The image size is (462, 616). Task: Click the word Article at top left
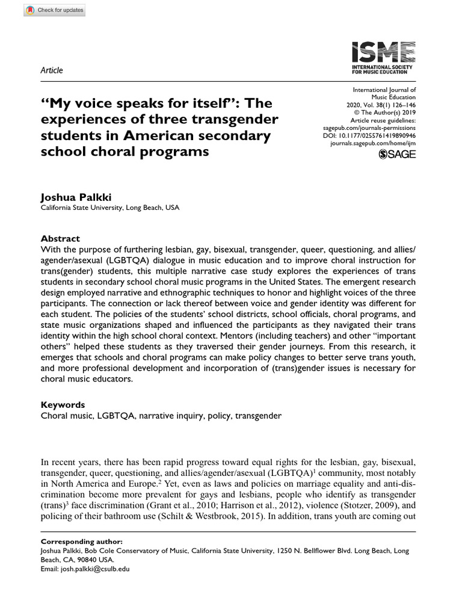[51, 70]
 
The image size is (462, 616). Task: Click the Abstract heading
[60, 238]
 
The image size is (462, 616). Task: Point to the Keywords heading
[63, 405]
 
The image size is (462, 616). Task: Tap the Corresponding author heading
[81, 541]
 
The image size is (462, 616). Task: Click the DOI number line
[369, 136]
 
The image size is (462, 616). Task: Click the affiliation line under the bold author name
[109, 208]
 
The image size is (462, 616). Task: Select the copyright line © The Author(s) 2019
[385, 112]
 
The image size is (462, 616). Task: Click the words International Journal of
[383, 89]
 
